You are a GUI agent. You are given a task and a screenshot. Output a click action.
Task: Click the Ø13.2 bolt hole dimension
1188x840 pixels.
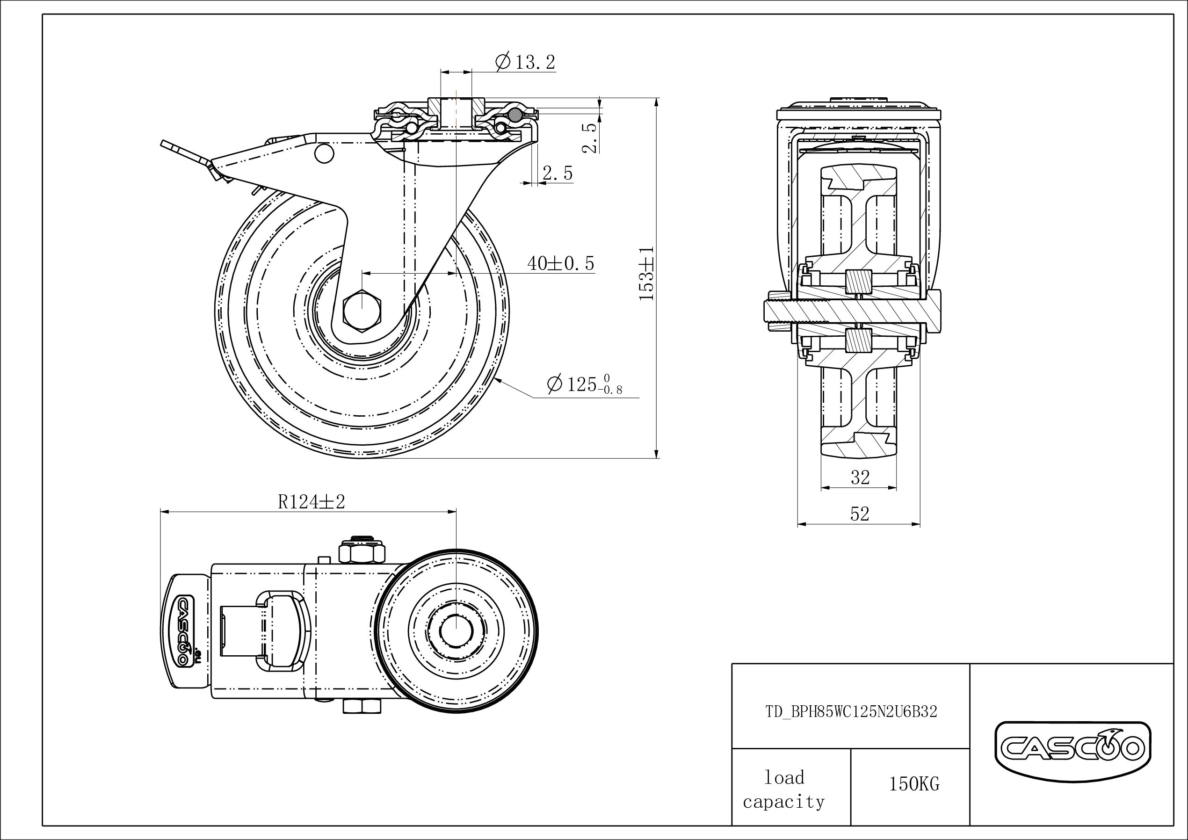coord(525,63)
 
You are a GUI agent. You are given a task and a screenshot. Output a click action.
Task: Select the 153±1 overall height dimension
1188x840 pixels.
coord(647,273)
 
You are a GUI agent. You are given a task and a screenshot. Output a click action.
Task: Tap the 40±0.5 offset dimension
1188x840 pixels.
coord(560,263)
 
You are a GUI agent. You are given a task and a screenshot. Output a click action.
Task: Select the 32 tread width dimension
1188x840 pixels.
coord(860,477)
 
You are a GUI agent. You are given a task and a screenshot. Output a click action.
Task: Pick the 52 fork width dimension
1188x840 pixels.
coord(860,514)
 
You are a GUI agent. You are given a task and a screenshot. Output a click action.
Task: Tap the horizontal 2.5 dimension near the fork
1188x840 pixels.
coord(557,174)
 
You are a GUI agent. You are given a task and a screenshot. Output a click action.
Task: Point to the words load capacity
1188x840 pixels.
coord(784,790)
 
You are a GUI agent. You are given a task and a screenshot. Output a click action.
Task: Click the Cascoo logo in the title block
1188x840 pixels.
coord(1072,748)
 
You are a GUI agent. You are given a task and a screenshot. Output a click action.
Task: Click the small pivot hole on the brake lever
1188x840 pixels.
coord(324,154)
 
